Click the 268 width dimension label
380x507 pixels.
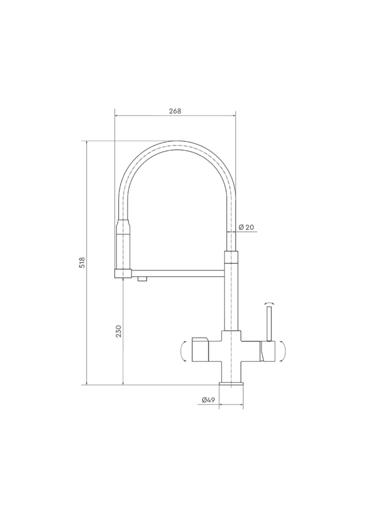175,111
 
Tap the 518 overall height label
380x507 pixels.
82,262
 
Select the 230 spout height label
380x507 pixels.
118,331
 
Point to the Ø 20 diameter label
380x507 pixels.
246,227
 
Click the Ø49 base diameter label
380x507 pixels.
208,400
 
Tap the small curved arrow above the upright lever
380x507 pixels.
269,303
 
